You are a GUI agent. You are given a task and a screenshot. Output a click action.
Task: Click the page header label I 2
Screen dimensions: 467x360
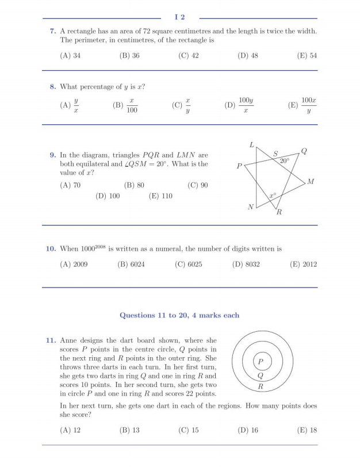point(180,18)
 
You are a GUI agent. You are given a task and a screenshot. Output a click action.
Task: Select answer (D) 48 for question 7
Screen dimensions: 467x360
point(247,56)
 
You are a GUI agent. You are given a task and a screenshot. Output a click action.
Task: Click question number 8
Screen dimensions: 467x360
point(52,87)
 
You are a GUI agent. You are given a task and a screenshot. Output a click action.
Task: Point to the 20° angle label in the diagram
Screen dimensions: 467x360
point(285,162)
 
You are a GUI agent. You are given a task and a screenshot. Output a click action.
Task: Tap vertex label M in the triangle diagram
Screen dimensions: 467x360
point(311,182)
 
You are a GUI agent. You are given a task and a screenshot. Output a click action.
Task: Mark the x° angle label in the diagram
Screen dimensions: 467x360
point(273,196)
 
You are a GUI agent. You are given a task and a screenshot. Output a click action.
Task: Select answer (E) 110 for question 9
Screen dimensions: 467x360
point(160,196)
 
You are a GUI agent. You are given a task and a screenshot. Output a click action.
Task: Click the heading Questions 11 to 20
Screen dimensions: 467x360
point(179,315)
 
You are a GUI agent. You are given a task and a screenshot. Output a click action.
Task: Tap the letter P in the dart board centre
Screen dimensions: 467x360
point(261,362)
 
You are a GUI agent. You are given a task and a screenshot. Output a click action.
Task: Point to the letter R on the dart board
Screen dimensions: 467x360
point(261,386)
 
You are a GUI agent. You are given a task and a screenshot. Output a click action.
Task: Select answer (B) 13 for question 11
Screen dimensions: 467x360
point(129,430)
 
